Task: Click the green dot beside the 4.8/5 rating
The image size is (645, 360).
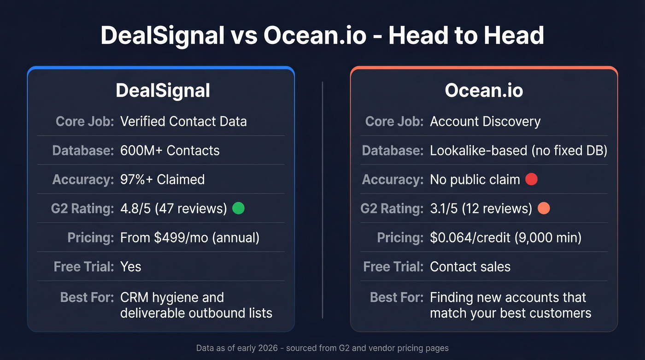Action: click(x=238, y=208)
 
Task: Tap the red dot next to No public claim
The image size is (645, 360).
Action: click(x=531, y=179)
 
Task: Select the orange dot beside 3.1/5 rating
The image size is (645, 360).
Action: click(x=544, y=208)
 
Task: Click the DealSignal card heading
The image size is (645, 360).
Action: click(x=163, y=90)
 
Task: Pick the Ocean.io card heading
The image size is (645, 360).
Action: click(x=484, y=90)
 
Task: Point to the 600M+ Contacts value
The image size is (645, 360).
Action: click(x=170, y=150)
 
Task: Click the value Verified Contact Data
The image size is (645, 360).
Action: click(x=183, y=121)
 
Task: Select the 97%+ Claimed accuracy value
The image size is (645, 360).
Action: click(x=162, y=179)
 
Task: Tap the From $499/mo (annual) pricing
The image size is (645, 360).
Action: click(x=190, y=237)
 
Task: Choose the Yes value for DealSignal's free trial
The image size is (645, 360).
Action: click(x=130, y=266)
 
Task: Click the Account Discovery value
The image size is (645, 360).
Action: click(x=485, y=121)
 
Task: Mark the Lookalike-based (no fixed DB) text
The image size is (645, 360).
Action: click(x=518, y=150)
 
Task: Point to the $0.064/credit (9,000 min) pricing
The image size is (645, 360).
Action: click(x=505, y=237)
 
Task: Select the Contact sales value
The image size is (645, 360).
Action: click(x=470, y=266)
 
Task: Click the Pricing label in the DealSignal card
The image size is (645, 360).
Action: click(x=90, y=237)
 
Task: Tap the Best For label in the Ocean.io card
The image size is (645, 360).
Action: click(x=397, y=297)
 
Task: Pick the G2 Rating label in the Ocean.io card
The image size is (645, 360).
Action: click(x=392, y=208)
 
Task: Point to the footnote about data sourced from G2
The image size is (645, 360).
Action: click(x=322, y=348)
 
